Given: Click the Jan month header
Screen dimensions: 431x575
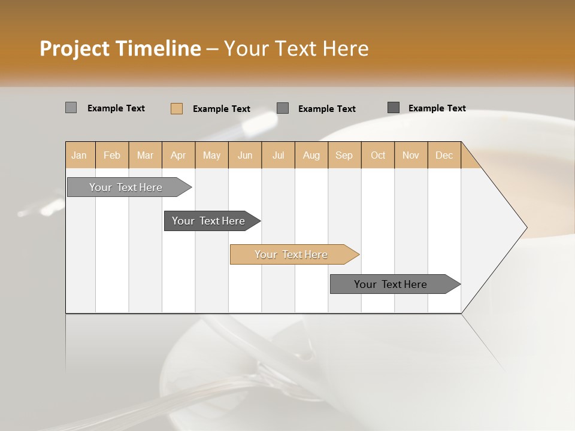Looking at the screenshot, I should pyautogui.click(x=80, y=155).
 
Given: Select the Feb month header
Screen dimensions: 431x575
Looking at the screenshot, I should pyautogui.click(x=112, y=155).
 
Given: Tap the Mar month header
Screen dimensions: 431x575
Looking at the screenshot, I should pyautogui.click(x=145, y=155).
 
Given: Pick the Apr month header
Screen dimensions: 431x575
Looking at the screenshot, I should pyautogui.click(x=178, y=155).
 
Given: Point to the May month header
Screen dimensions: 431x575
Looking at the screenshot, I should pyautogui.click(x=211, y=155).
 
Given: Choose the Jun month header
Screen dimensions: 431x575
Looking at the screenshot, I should pyautogui.click(x=245, y=155).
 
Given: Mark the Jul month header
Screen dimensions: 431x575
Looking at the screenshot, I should pyautogui.click(x=278, y=155).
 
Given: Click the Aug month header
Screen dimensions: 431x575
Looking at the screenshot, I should pyautogui.click(x=311, y=155).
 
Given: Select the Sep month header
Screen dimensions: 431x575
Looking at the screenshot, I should pyautogui.click(x=344, y=155).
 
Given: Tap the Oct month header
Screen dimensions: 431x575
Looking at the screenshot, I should pyautogui.click(x=378, y=155).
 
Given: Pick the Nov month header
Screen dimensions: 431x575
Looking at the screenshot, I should pyautogui.click(x=411, y=155).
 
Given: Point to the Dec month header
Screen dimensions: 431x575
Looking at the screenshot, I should pyautogui.click(x=444, y=155).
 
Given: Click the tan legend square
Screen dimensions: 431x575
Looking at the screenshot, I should pyautogui.click(x=177, y=108).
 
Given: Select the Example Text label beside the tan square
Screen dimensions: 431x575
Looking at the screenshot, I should pyautogui.click(x=222, y=109).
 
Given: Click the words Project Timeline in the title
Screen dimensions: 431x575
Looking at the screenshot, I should pyautogui.click(x=120, y=48).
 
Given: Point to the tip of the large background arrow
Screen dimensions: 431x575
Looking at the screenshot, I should pyautogui.click(x=526, y=227).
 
